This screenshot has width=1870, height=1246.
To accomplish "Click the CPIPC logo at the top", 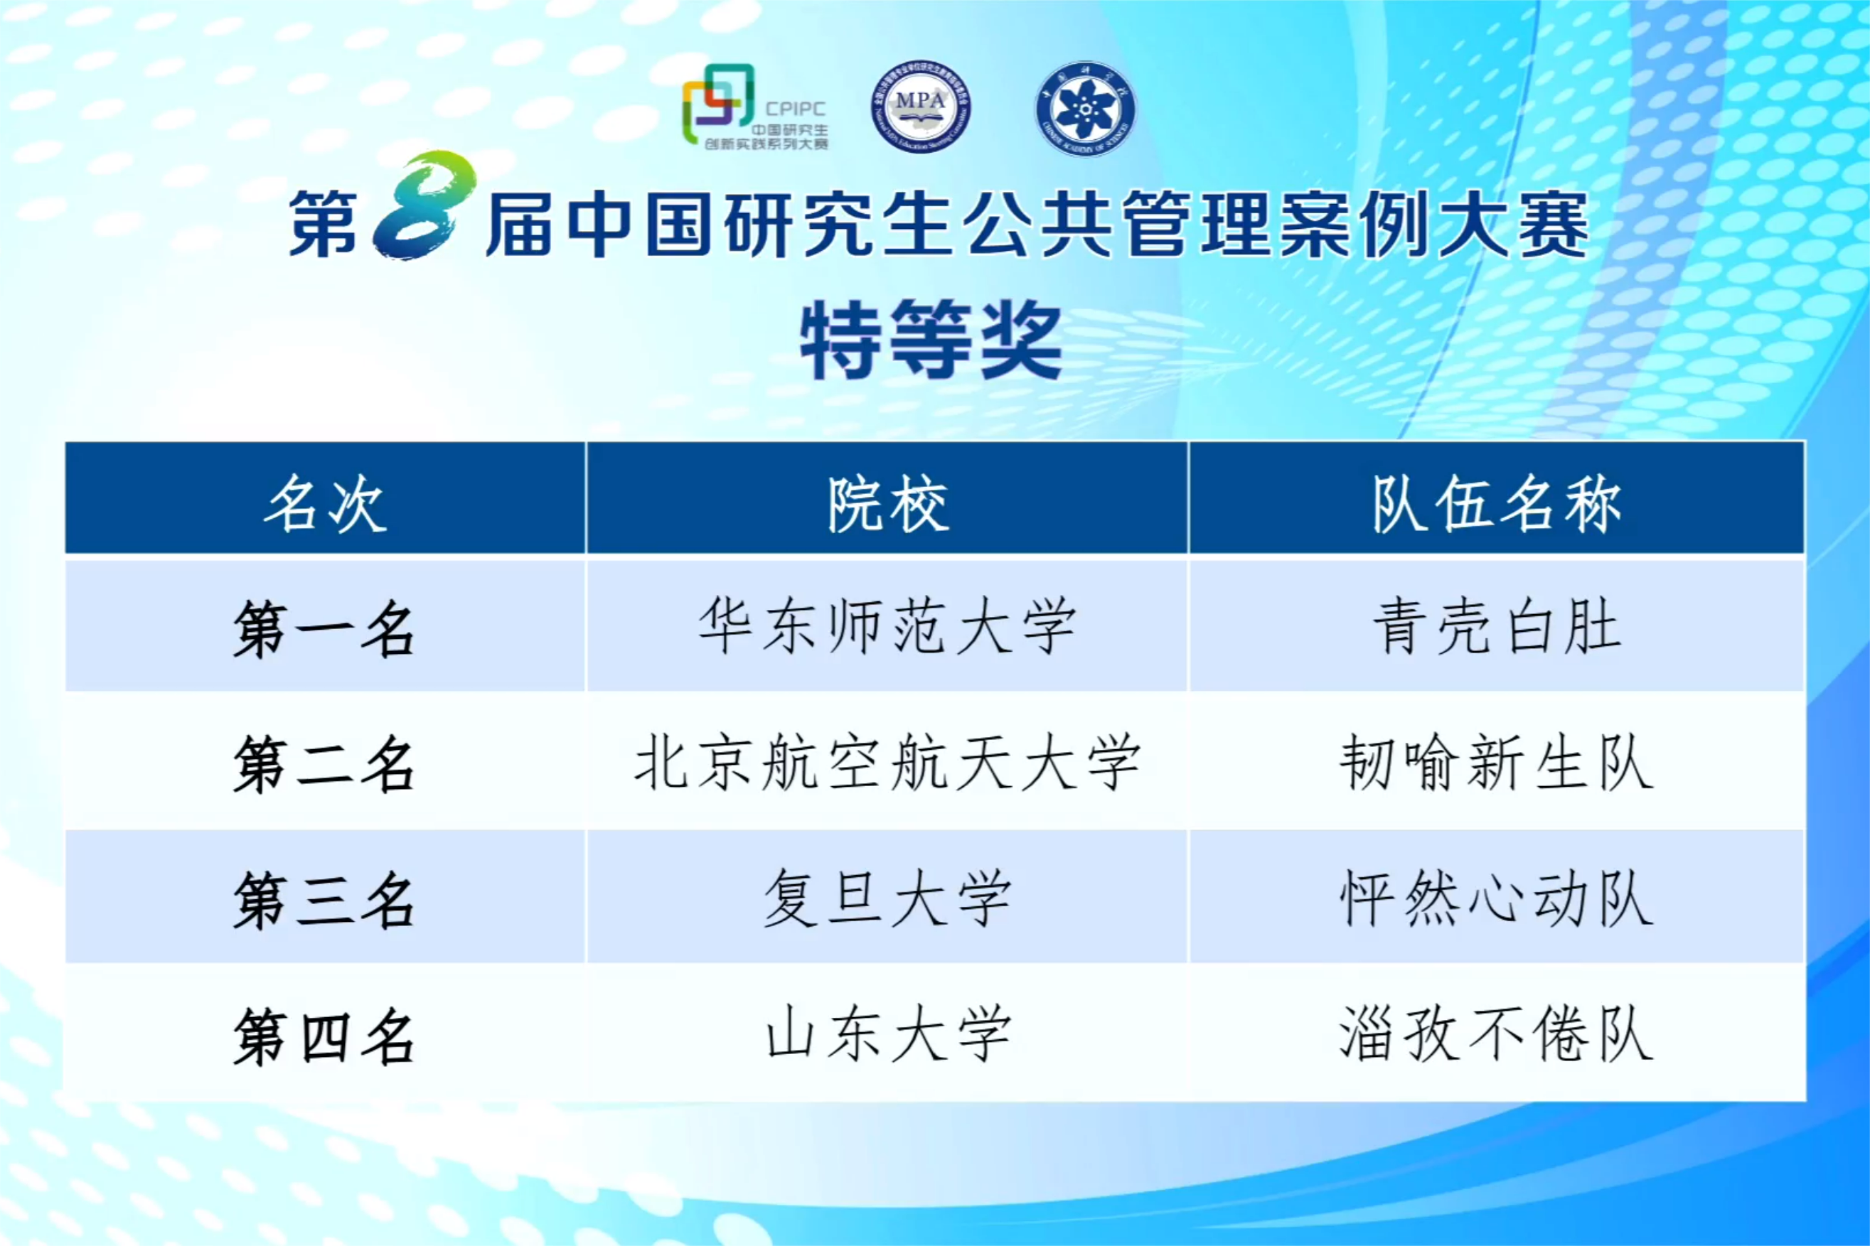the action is point(755,107).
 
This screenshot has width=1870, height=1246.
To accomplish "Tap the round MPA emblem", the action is point(920,107).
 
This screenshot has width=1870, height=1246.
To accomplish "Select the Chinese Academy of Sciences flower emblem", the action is point(1086,108).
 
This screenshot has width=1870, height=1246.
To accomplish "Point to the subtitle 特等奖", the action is point(931,341).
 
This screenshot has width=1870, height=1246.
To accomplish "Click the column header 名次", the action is point(326,504).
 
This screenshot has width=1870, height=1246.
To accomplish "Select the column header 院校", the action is point(887,504).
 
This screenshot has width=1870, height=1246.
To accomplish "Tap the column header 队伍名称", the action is point(1497,504).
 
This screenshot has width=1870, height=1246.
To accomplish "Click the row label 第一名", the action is point(324,629).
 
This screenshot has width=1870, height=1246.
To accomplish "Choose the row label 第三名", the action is point(324,901).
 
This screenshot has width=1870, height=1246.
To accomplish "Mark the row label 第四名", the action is point(324,1036).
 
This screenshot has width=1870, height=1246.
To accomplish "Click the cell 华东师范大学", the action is point(887,627).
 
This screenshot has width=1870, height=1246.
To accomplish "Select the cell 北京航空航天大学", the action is point(887,763).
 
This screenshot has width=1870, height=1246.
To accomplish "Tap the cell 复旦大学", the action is point(887,898).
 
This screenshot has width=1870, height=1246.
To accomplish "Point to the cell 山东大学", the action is point(887,1033).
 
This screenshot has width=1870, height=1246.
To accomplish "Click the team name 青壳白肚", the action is point(1497,627).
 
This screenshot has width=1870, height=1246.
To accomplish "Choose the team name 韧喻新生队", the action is point(1497,763).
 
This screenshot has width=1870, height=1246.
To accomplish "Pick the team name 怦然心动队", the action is point(1497,898).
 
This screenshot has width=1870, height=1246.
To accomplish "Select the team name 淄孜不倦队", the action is point(1497,1033).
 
